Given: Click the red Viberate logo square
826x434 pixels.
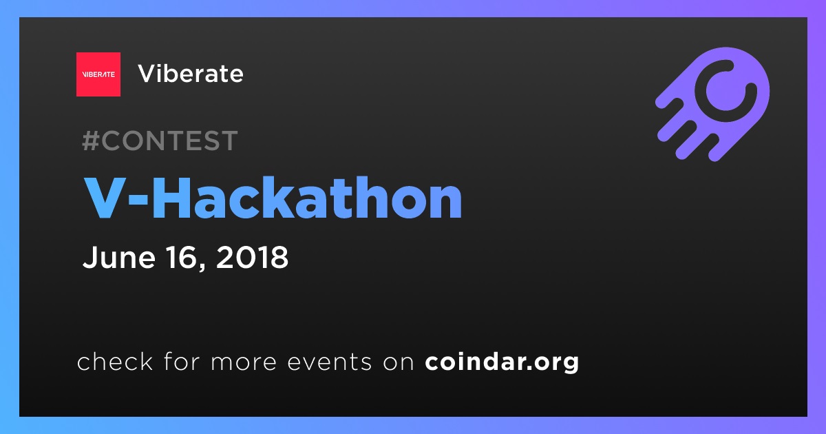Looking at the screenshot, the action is click(x=98, y=74).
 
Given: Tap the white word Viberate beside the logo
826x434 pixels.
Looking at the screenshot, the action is click(x=191, y=74).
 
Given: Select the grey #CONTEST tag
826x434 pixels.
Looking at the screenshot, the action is click(x=160, y=141).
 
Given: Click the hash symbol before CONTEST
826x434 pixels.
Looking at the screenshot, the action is click(x=90, y=141).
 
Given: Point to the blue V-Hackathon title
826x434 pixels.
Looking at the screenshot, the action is click(x=273, y=198).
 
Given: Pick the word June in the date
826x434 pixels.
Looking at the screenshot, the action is click(x=118, y=257).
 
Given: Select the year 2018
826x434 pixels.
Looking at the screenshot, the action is click(x=252, y=257).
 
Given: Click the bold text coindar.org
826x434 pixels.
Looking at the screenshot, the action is click(x=502, y=362).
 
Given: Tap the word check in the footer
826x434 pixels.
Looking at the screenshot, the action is click(x=115, y=361).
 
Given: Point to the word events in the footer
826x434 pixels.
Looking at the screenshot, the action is click(x=330, y=362).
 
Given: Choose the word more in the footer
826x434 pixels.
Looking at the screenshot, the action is click(x=244, y=362).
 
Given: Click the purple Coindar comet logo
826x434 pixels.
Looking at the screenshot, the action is click(x=712, y=104).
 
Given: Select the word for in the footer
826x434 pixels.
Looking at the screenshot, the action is click(x=182, y=361).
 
